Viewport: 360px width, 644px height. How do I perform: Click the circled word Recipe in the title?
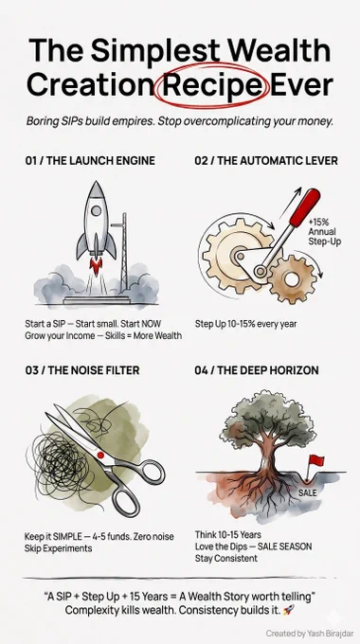pos(211,85)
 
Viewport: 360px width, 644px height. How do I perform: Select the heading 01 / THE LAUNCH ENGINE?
pos(90,160)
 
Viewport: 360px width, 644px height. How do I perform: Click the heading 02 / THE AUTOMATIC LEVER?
pos(266,160)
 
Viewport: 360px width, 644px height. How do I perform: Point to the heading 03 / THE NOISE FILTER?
pos(82,370)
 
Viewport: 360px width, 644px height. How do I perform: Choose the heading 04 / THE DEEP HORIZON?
pos(257,370)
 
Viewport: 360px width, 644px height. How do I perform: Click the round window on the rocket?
pos(97,211)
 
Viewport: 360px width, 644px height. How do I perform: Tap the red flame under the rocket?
pos(97,266)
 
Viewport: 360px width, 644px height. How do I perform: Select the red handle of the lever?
pos(305,207)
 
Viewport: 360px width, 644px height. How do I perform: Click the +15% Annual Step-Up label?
pos(325,232)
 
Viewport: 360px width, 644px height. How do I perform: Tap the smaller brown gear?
pos(292,279)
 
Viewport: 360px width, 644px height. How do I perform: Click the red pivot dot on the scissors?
pos(100,455)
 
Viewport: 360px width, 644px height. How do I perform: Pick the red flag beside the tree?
pos(316,460)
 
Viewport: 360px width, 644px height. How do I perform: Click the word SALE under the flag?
pos(307,492)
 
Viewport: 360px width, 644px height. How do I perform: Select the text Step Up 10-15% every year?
pos(245,324)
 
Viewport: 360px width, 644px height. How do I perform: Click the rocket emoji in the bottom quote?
pos(288,610)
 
